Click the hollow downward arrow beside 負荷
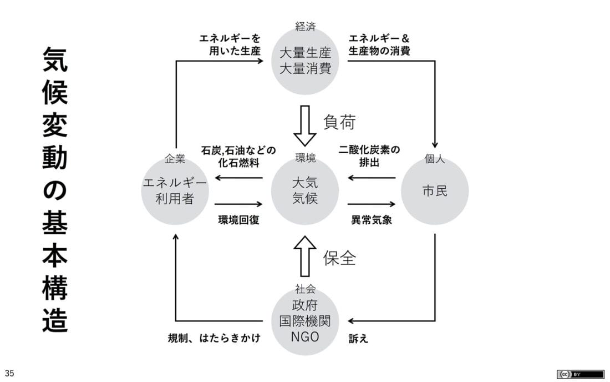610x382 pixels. click(304, 125)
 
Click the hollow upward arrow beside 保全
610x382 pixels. click(304, 256)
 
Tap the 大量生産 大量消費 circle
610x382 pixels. click(305, 61)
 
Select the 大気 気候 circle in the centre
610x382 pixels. click(305, 191)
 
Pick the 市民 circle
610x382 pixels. click(435, 191)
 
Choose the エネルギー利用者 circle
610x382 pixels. click(175, 191)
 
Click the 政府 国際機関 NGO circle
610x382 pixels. click(305, 321)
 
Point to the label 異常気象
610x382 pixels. click(372, 220)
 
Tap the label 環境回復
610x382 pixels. click(238, 220)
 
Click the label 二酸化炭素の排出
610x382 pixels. click(369, 156)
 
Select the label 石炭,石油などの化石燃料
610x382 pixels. click(238, 156)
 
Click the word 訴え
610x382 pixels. click(358, 338)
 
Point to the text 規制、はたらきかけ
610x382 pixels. click(214, 338)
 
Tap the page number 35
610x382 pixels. click(9, 373)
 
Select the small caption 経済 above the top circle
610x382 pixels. click(306, 27)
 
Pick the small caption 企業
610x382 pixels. click(175, 159)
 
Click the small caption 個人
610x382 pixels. click(435, 159)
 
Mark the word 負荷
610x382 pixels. click(339, 122)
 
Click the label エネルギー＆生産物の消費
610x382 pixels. click(379, 44)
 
